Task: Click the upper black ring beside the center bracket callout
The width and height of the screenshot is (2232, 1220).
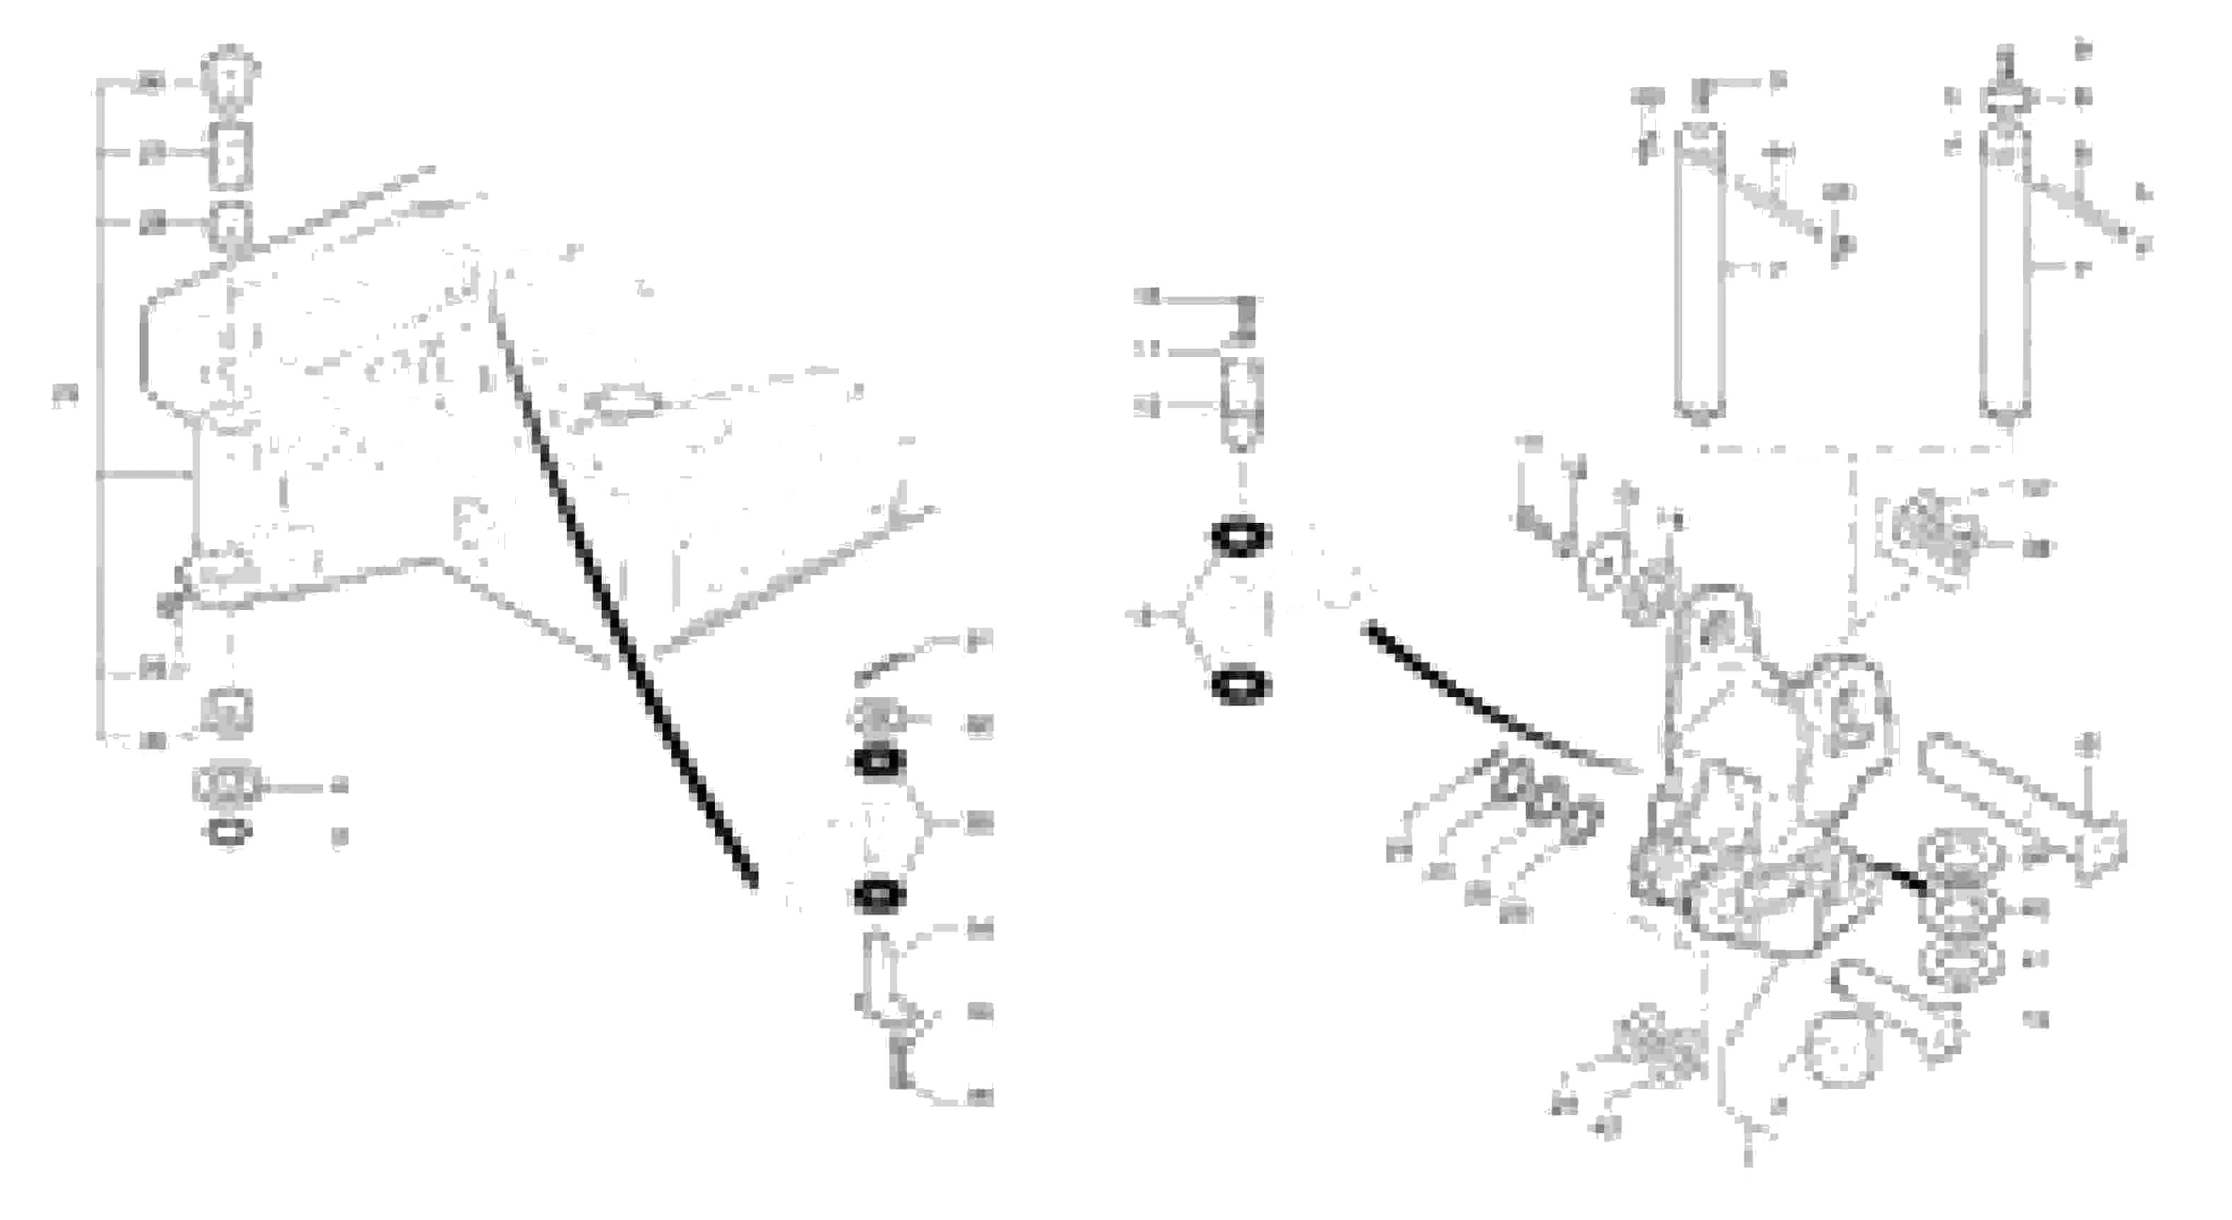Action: [1241, 537]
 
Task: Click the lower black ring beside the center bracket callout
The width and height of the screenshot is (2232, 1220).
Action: [1241, 687]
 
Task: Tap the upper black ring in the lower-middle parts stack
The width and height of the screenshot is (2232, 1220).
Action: [879, 762]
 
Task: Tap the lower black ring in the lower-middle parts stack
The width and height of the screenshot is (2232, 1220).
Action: [879, 895]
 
